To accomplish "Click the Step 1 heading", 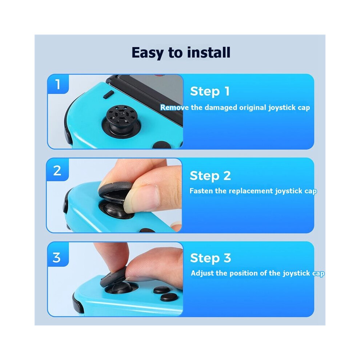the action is point(210,91).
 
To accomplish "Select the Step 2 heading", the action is point(210,176).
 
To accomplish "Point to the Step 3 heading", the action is point(210,258).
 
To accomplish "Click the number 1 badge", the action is point(58,84).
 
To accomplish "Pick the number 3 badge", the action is point(57,257).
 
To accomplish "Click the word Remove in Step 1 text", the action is point(175,107).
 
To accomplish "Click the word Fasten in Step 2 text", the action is point(201,191).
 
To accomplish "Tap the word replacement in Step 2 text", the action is point(251,191).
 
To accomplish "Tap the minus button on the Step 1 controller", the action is point(108,94).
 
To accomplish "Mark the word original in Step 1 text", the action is point(253,108).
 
